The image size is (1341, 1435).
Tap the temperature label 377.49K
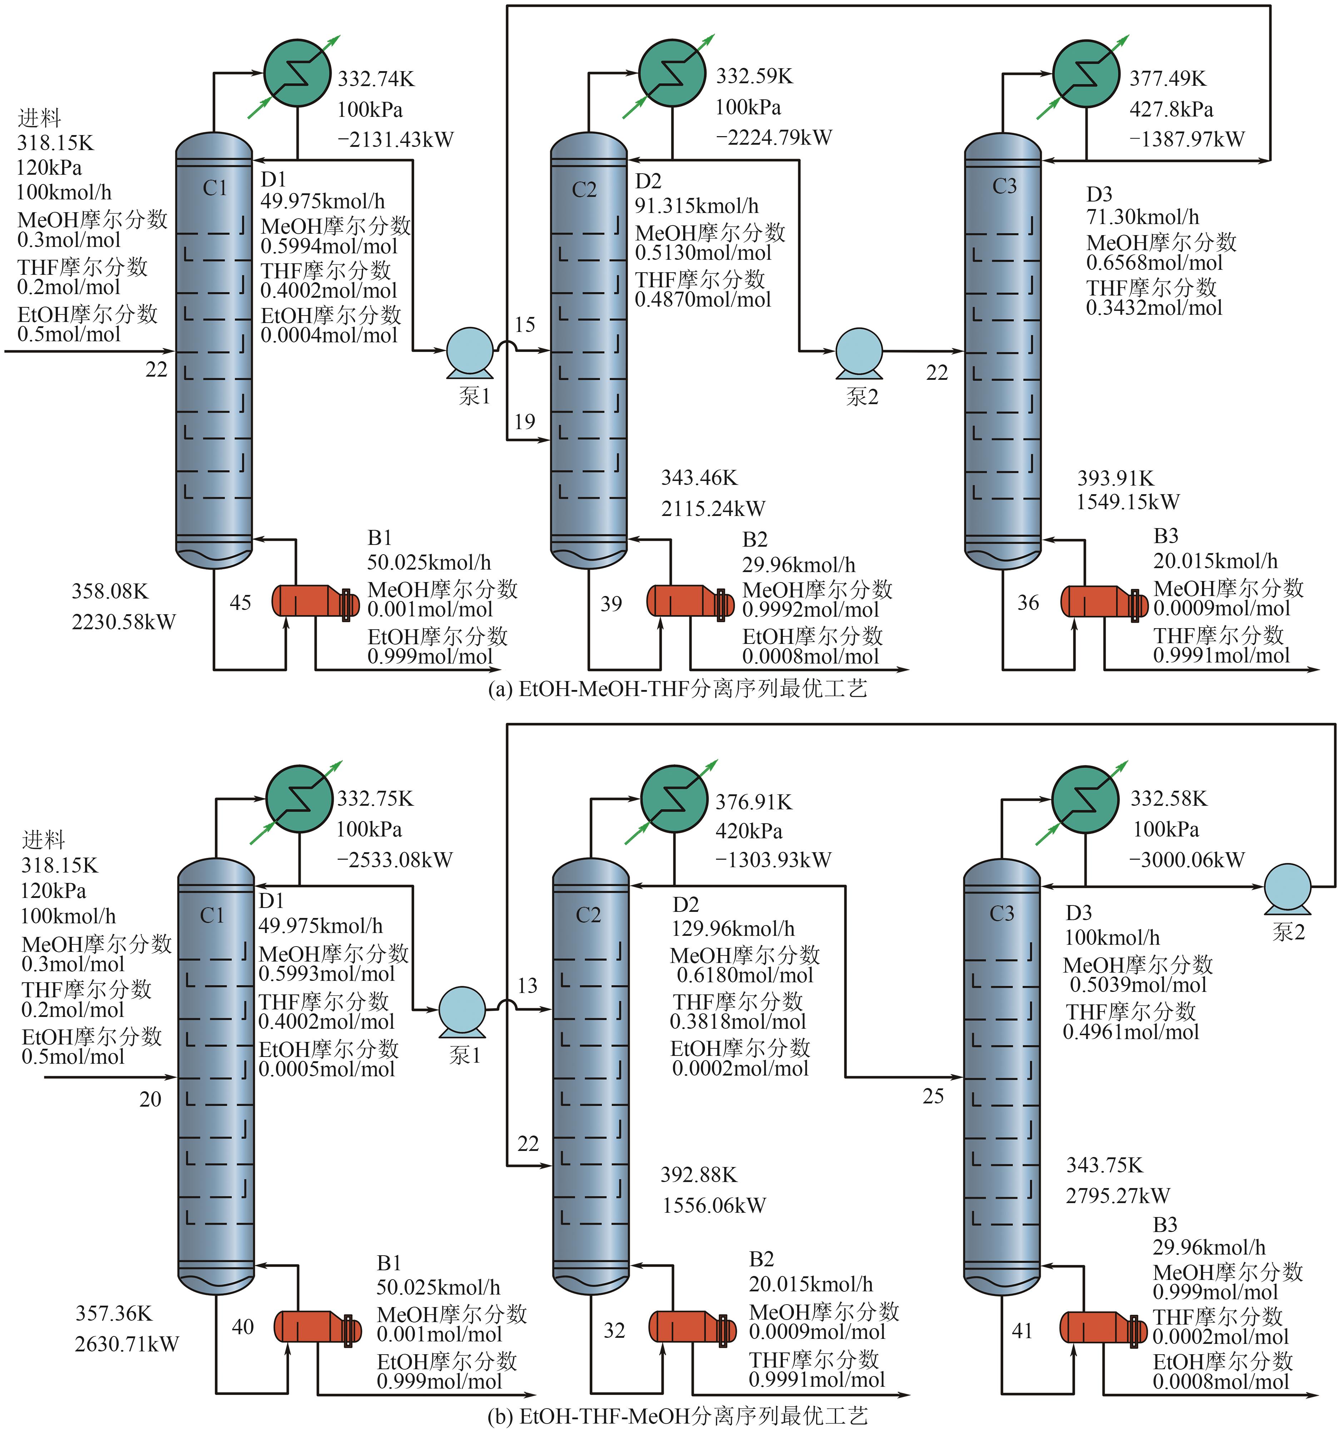[x=1167, y=79]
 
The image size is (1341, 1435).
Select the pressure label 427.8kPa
[x=1171, y=109]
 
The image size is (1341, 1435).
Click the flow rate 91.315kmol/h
[x=696, y=207]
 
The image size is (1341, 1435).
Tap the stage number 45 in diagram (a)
[x=240, y=603]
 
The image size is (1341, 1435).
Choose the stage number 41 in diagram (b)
[x=1022, y=1330]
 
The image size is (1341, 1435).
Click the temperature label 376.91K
[x=754, y=803]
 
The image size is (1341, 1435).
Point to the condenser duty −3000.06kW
[x=1187, y=860]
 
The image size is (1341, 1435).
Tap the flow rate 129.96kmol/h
[x=732, y=929]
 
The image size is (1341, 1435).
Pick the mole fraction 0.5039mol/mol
[x=1138, y=985]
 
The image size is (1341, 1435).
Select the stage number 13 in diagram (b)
[x=528, y=985]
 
